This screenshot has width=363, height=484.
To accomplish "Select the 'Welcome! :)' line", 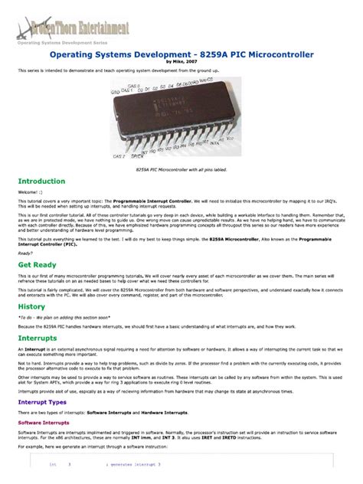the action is (x=33, y=193).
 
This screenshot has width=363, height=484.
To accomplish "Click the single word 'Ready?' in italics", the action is (x=25, y=253).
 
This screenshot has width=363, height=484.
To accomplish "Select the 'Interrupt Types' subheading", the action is (x=42, y=401).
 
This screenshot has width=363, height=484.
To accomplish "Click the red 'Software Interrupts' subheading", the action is (x=45, y=422).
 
